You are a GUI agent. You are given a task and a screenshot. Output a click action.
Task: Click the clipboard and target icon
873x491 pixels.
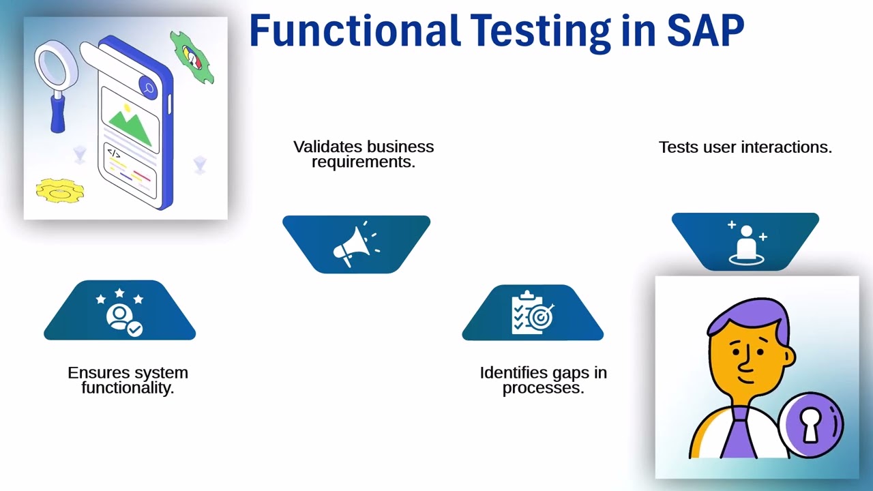coord(533,313)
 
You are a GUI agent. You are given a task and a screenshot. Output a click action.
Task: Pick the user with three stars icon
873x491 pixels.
coord(120,312)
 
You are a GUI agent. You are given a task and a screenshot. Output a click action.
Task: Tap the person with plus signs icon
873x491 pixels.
coord(745,241)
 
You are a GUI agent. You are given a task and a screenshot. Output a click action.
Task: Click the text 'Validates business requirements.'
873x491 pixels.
coord(363,154)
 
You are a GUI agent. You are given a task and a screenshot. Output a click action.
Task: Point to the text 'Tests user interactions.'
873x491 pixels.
coord(745,147)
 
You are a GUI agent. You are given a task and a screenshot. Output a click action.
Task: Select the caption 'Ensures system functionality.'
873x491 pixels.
coord(128,380)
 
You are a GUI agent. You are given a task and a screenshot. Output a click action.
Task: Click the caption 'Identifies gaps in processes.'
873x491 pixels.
coord(543,380)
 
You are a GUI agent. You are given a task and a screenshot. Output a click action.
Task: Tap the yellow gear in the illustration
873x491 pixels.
coord(60,191)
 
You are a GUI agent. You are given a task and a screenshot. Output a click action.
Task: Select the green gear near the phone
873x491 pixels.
coord(192,58)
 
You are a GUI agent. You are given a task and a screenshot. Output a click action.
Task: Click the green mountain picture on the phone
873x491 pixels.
coord(130,126)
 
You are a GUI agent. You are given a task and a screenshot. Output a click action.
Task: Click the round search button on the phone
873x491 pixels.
coord(148,87)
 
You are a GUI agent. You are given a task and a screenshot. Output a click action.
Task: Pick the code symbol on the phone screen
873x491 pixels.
coord(114,154)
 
